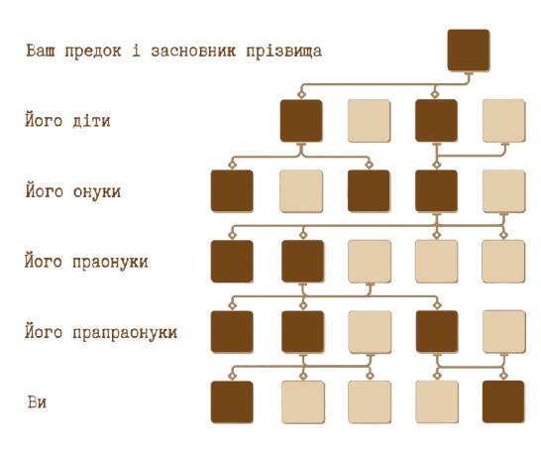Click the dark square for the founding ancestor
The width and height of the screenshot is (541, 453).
[x=469, y=51]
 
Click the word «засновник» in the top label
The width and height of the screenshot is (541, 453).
[x=193, y=52]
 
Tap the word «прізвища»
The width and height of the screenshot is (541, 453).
[x=284, y=52]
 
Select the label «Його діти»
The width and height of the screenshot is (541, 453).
[x=67, y=120]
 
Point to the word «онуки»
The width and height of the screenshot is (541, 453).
[x=97, y=191]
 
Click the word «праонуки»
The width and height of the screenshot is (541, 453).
[x=110, y=262]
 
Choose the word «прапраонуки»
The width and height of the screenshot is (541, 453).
[x=125, y=333]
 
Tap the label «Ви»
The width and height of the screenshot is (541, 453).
[x=37, y=402]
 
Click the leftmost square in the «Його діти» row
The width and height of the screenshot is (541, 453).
[x=301, y=121]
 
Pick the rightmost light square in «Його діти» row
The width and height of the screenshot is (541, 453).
[x=504, y=121]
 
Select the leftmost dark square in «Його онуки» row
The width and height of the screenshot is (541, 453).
[x=232, y=191]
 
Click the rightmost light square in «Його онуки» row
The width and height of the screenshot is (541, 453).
[x=504, y=191]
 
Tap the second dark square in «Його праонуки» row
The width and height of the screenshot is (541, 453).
[x=302, y=262]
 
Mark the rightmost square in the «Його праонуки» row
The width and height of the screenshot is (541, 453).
[x=503, y=262]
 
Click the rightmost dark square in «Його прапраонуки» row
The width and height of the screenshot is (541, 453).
[x=437, y=332]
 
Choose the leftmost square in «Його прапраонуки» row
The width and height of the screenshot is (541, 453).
[x=232, y=332]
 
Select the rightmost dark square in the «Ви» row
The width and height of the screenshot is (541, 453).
[x=503, y=401]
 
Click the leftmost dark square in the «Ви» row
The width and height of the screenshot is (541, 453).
[x=232, y=402]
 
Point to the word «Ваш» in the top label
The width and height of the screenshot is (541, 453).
[x=41, y=51]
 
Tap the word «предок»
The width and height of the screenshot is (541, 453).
[x=93, y=52]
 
